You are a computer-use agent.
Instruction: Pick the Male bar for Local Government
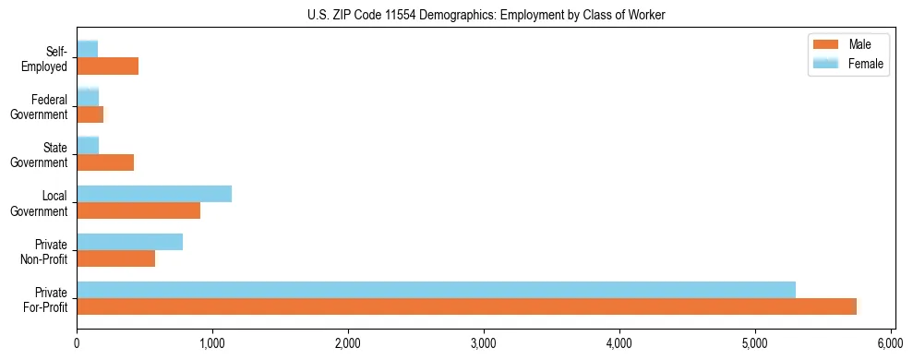138,210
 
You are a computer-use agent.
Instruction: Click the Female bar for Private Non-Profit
130,242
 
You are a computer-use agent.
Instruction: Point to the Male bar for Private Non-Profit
116,259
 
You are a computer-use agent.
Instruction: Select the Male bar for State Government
105,162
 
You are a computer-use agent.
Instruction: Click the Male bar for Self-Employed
108,66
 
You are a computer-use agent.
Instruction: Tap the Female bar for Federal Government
88,97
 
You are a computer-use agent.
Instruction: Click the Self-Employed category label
50,59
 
